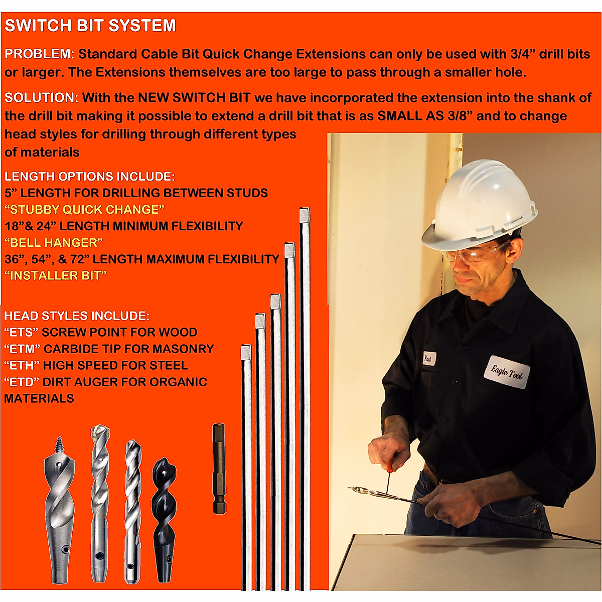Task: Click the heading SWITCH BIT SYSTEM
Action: (x=90, y=26)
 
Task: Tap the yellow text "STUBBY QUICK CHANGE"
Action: (x=84, y=210)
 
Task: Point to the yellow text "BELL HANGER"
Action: (x=54, y=243)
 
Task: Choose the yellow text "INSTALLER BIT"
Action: (x=55, y=276)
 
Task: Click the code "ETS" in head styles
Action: (x=21, y=333)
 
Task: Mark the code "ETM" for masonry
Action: (x=22, y=349)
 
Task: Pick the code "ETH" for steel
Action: (x=22, y=366)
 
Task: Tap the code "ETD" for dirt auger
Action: (x=22, y=382)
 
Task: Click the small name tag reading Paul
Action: (x=428, y=359)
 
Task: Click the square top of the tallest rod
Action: (x=305, y=216)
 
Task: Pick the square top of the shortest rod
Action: (x=246, y=352)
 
